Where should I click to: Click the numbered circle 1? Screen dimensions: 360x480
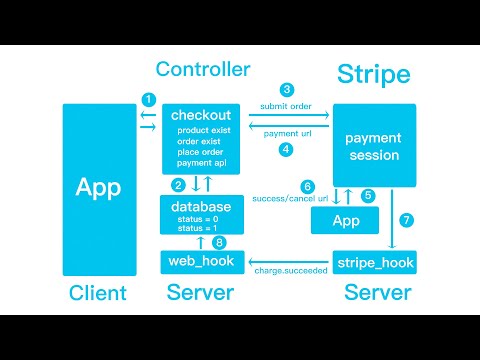tap(148, 99)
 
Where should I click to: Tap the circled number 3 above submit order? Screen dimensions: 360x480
tap(287, 90)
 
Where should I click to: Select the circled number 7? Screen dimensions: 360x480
tap(405, 219)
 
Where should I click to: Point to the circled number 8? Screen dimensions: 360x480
tap(220, 242)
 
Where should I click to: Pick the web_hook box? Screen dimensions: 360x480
tap(199, 262)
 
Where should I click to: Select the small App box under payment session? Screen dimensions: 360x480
tap(346, 220)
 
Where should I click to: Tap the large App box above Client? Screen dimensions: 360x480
tap(99, 189)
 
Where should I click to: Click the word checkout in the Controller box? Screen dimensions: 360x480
tap(202, 115)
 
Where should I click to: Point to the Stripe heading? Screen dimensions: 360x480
tap(372, 74)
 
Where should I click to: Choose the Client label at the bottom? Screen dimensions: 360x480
tap(98, 293)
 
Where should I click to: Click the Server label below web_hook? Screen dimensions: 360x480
tap(200, 293)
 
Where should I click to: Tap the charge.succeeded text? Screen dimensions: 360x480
tap(290, 270)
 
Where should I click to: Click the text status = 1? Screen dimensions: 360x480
tap(196, 230)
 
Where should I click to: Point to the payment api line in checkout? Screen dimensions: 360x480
tap(201, 163)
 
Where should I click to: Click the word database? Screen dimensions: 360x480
tap(200, 207)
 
